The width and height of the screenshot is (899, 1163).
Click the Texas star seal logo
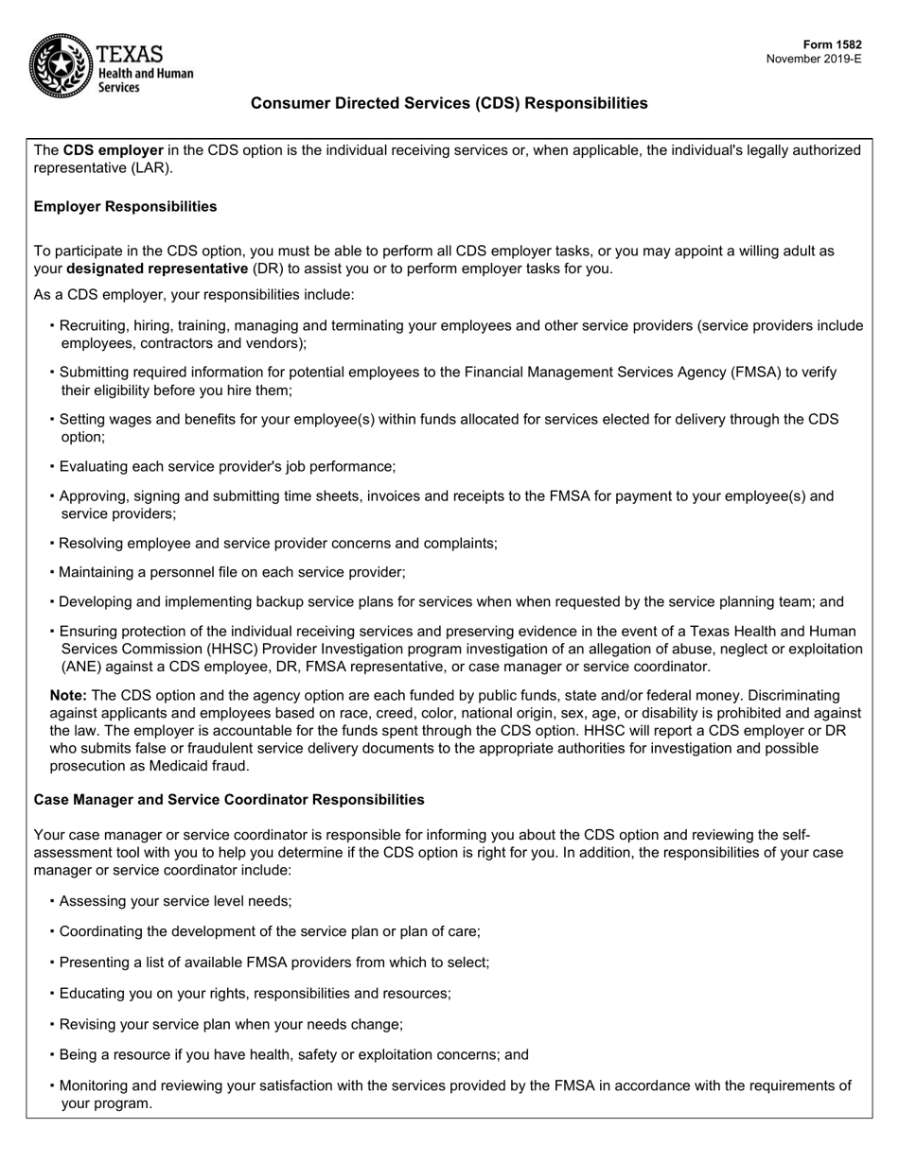[59, 64]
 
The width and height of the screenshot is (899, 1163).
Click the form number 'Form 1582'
[832, 44]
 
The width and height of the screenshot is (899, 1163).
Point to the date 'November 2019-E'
[814, 59]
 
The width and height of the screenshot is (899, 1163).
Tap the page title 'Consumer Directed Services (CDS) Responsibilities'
[449, 103]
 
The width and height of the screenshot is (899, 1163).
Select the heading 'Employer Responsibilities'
[125, 206]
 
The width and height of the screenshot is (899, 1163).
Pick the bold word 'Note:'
[68, 695]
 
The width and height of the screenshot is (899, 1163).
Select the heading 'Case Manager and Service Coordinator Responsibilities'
[229, 800]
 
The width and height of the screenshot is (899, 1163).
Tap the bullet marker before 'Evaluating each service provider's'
[52, 466]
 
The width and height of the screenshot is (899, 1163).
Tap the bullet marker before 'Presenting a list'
[52, 962]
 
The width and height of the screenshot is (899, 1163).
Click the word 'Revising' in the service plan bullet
[87, 1024]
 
